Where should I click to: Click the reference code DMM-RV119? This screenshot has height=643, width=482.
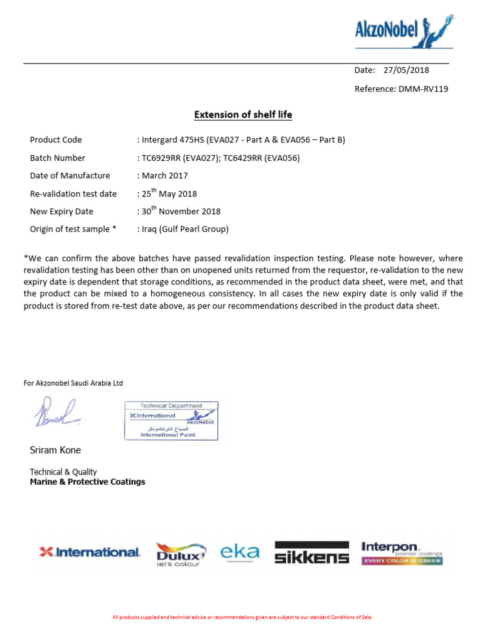point(423,89)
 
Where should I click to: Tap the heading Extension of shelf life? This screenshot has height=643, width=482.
point(243,115)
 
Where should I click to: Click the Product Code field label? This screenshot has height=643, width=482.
point(56,140)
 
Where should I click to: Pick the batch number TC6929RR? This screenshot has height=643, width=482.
point(163,158)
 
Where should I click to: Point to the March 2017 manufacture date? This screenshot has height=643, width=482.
point(164,176)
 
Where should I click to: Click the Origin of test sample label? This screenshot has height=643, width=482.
point(73,229)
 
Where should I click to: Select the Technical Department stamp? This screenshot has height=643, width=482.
point(171,421)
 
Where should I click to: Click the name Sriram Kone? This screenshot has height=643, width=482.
point(55,450)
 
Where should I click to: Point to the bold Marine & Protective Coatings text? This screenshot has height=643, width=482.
point(87,482)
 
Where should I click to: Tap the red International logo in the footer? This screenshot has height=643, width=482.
point(89,552)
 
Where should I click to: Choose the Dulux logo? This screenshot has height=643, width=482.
point(181,554)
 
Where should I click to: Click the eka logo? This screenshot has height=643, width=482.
point(239,552)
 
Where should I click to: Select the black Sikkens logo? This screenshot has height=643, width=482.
point(311,552)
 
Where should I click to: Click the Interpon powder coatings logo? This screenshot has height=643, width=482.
point(402,553)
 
